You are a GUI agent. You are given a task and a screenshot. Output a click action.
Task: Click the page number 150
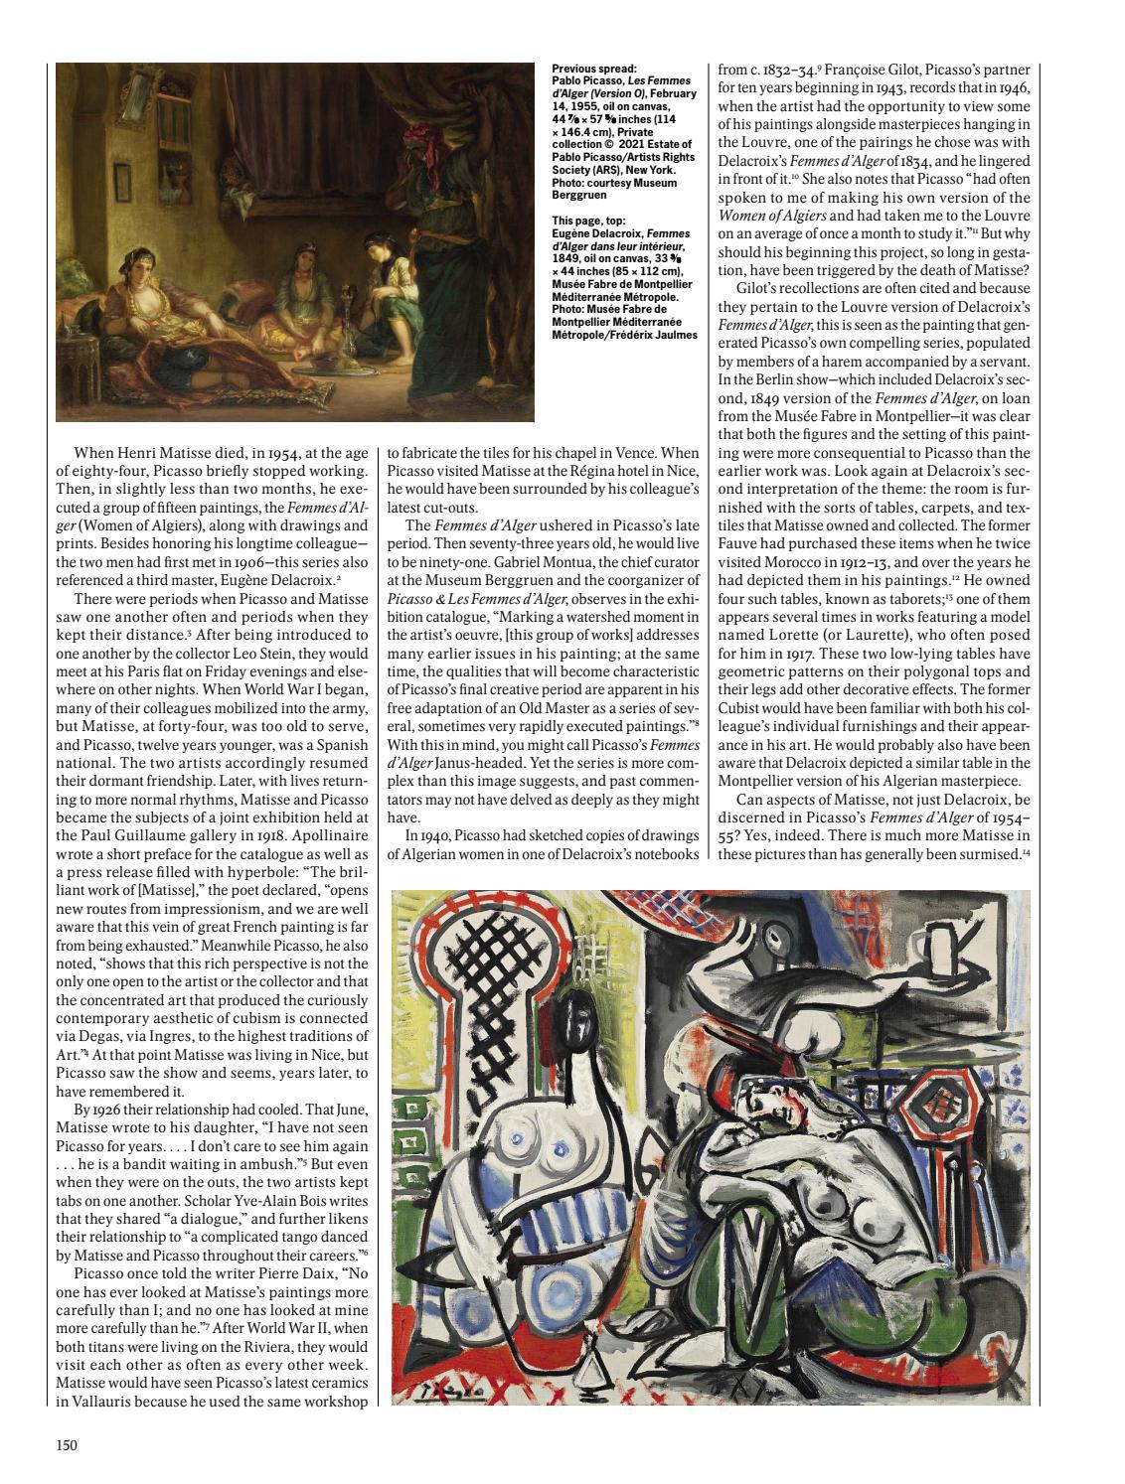(x=67, y=1444)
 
